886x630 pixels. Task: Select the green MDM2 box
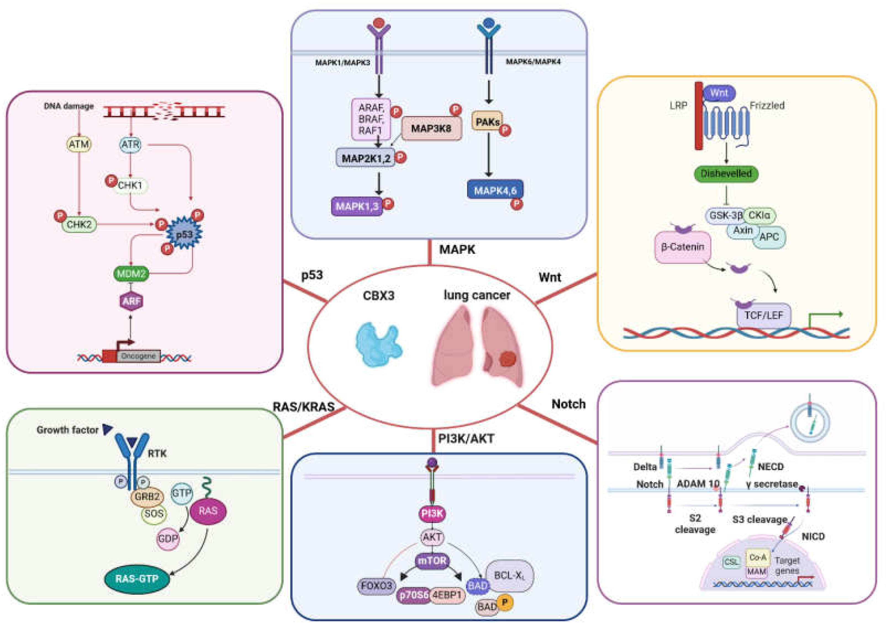coord(131,274)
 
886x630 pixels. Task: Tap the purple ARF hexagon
coord(131,301)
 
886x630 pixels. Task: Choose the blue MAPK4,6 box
coord(495,190)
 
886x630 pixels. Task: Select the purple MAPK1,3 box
coord(357,206)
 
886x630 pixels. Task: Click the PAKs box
coord(487,122)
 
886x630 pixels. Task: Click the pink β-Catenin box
coord(682,247)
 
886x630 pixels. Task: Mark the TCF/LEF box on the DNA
coord(763,315)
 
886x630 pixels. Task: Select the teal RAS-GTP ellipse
coord(137,579)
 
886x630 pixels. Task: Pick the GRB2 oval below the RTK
coord(147,496)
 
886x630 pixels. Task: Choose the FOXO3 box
coord(376,585)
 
